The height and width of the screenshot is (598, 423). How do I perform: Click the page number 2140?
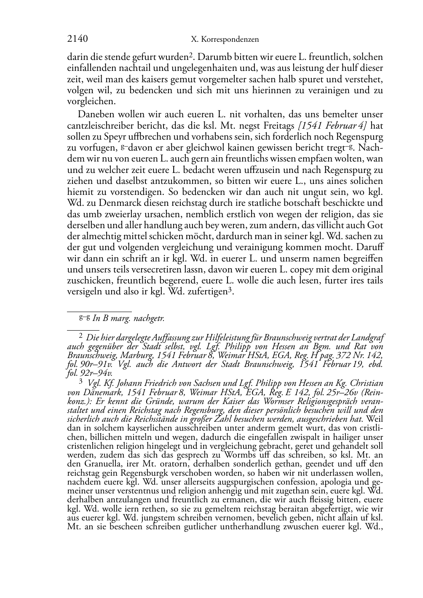pos(78,40)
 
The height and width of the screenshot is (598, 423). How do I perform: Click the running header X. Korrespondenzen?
pos(225,40)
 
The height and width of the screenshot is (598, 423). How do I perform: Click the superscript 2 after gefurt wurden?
pos(191,54)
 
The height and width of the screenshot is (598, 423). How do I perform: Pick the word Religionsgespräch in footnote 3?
pos(334,401)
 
